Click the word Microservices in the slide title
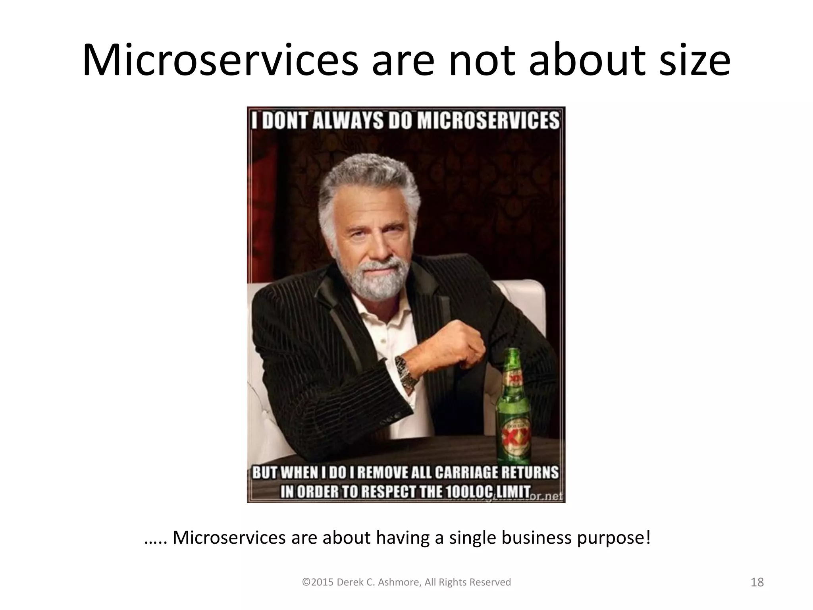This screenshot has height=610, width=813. tap(220, 60)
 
